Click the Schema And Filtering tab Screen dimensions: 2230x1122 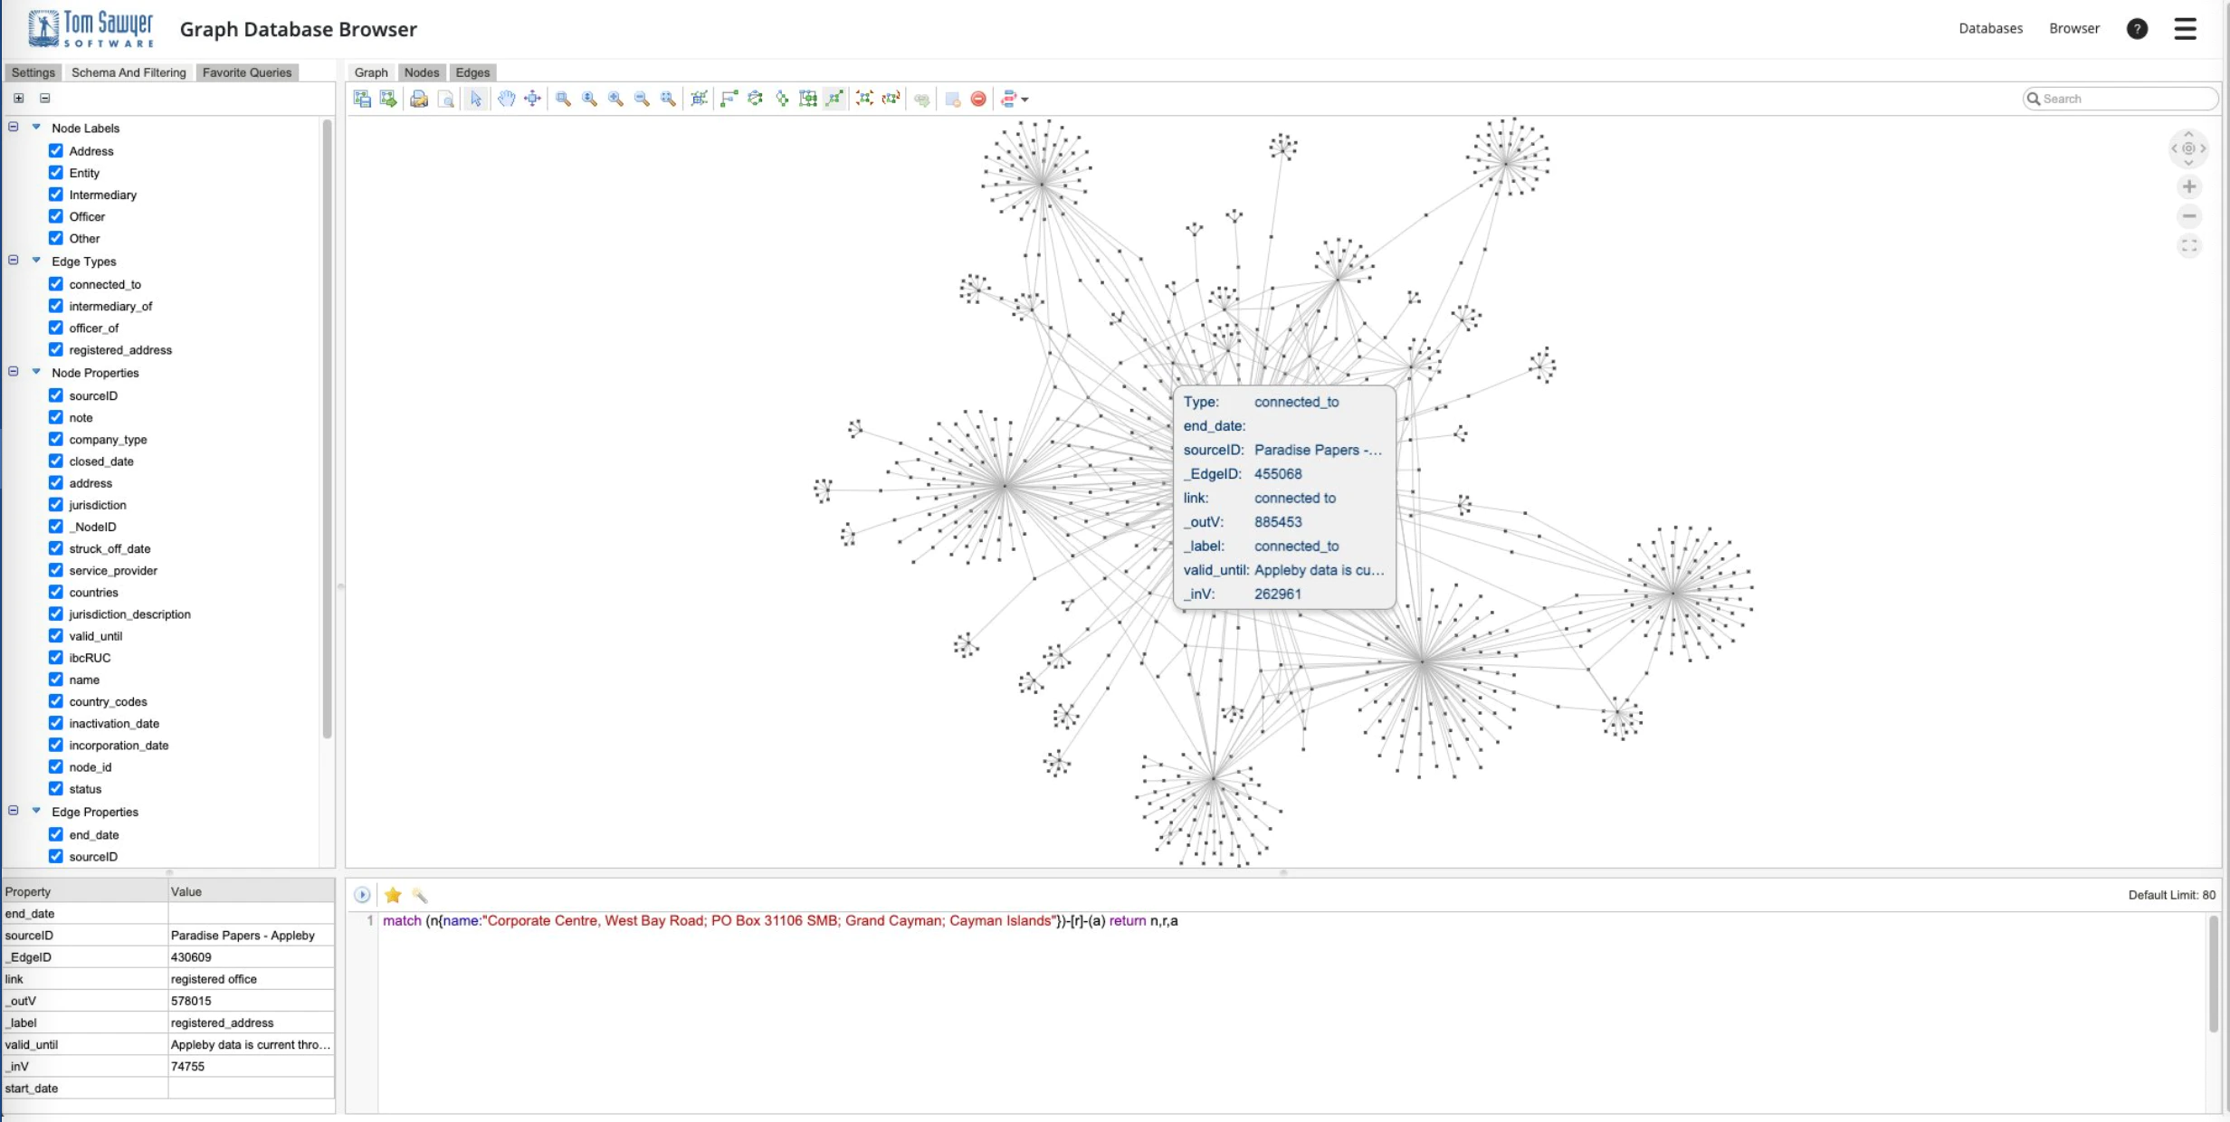pos(129,72)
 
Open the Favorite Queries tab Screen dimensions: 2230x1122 pos(247,72)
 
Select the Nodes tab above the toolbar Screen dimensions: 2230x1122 pos(422,72)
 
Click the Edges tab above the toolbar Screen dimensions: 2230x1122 pos(472,72)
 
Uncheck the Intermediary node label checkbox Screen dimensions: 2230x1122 pos(56,195)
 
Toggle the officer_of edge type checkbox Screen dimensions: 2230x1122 pos(56,328)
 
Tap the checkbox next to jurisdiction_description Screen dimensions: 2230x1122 pos(56,613)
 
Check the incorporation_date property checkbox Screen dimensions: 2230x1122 pos(56,745)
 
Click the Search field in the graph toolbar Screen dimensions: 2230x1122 pos(2120,99)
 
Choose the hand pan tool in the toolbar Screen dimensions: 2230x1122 pos(506,99)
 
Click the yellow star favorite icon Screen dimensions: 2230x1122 pos(393,895)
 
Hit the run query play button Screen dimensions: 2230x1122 pos(362,895)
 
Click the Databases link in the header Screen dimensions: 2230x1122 pos(1990,28)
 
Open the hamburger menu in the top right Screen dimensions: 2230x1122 pos(2185,29)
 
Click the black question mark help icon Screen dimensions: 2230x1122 pos(2137,29)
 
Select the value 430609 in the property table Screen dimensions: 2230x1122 pos(191,956)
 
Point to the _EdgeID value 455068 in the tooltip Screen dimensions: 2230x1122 pos(1278,473)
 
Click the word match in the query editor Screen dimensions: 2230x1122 pos(402,920)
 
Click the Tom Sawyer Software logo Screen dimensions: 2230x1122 pos(91,29)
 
